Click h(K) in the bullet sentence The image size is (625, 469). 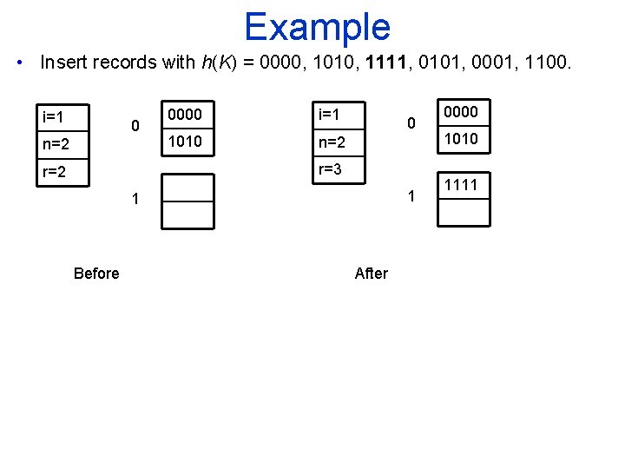(x=214, y=63)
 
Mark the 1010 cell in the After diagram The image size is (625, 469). (x=461, y=139)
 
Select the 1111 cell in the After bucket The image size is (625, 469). (x=461, y=184)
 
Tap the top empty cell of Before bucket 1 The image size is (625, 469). (x=187, y=188)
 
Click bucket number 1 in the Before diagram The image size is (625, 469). (x=135, y=200)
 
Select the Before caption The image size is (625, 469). (x=96, y=274)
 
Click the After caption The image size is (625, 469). (x=372, y=274)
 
